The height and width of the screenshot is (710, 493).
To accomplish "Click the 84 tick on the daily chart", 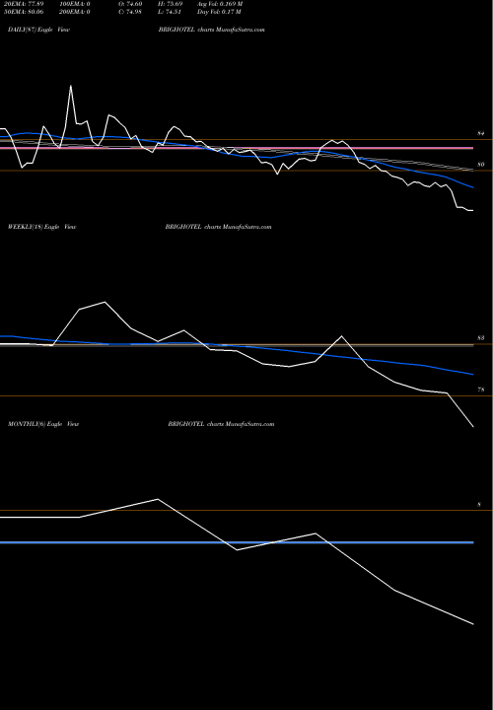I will pyautogui.click(x=480, y=132).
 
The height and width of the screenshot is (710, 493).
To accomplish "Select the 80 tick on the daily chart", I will pyautogui.click(x=480, y=164).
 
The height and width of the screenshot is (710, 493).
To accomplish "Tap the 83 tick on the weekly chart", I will pyautogui.click(x=480, y=338).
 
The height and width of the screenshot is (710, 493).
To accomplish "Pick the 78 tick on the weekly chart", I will pyautogui.click(x=480, y=390).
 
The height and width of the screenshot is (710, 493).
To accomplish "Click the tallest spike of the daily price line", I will pyautogui.click(x=71, y=86).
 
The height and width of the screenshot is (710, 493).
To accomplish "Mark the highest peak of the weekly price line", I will pyautogui.click(x=105, y=302).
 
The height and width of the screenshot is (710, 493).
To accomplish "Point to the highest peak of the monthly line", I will pyautogui.click(x=158, y=499).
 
